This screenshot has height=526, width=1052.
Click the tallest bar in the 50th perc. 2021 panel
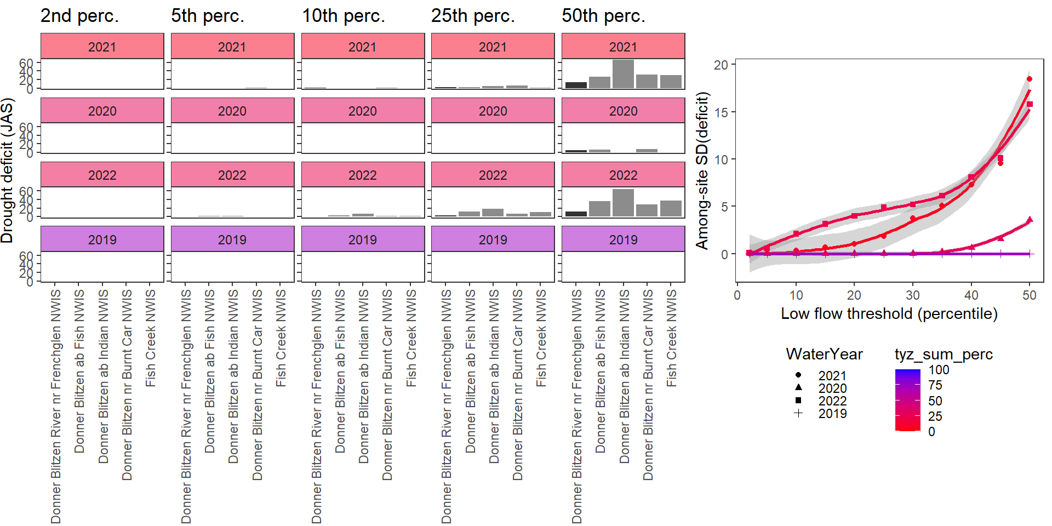623,74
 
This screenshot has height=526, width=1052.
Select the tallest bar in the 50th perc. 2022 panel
623,203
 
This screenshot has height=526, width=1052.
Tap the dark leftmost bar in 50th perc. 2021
576,85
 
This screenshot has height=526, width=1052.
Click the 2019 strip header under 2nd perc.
102,239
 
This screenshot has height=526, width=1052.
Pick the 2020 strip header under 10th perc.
363,111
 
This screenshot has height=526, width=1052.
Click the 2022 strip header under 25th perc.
493,175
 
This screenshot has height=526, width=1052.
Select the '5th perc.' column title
208,16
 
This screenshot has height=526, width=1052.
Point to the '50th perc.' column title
603,16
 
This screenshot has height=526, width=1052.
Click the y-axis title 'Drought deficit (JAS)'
7,170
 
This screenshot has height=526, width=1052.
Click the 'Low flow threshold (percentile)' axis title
889,313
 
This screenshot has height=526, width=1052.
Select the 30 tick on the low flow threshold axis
913,295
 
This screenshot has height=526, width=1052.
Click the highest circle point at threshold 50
1029,79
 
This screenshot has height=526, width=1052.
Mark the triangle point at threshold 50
1030,220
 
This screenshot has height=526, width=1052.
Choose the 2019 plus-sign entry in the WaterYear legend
798,414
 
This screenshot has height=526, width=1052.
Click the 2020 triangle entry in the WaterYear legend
798,388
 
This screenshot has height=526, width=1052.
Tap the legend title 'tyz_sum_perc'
944,354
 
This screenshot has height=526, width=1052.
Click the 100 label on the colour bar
939,370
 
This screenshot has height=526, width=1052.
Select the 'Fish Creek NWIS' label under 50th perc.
672,338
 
